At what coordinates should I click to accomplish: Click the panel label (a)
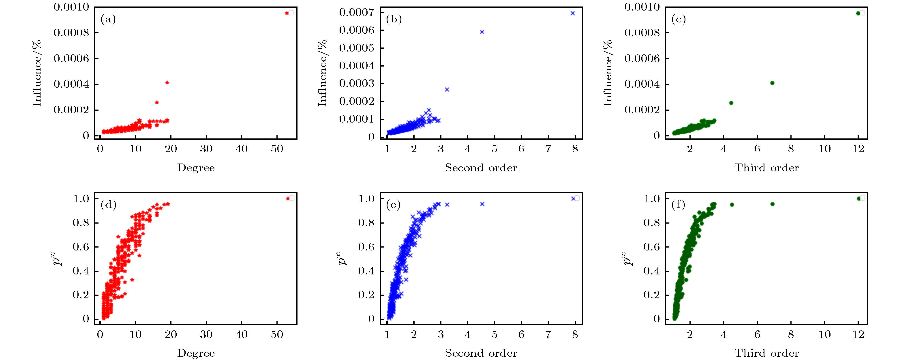[108, 19]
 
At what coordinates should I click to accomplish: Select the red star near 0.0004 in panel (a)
[167, 83]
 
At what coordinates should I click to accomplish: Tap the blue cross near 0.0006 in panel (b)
[482, 32]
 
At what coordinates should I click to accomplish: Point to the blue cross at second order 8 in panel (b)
[573, 13]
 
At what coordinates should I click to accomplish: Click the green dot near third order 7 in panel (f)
[772, 204]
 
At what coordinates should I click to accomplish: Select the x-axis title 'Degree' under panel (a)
[196, 168]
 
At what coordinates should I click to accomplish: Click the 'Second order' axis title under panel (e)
[481, 353]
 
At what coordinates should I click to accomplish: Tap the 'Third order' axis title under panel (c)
[766, 168]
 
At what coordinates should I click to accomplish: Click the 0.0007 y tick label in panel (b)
[356, 13]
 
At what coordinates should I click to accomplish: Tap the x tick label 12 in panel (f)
[858, 334]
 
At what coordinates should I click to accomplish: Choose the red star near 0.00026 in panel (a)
[157, 102]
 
